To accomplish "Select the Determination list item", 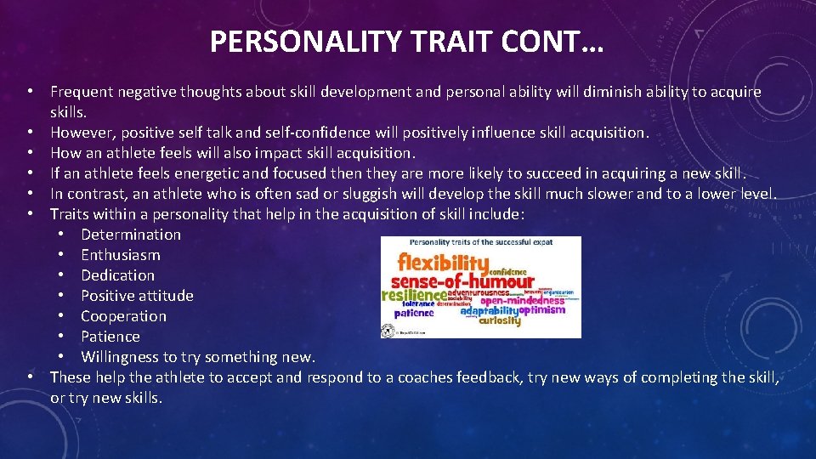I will click(131, 235).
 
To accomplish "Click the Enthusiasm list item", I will click(120, 255).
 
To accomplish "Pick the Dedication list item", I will click(117, 275).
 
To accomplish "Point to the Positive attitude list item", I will click(137, 296).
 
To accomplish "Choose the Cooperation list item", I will click(123, 316).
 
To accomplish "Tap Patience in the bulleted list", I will click(110, 337).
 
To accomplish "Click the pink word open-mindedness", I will click(522, 300).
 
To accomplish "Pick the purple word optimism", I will click(541, 310).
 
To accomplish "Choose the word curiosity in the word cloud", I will click(500, 321).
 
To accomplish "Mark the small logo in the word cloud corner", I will click(388, 331).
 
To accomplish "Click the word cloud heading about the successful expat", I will click(480, 242).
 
